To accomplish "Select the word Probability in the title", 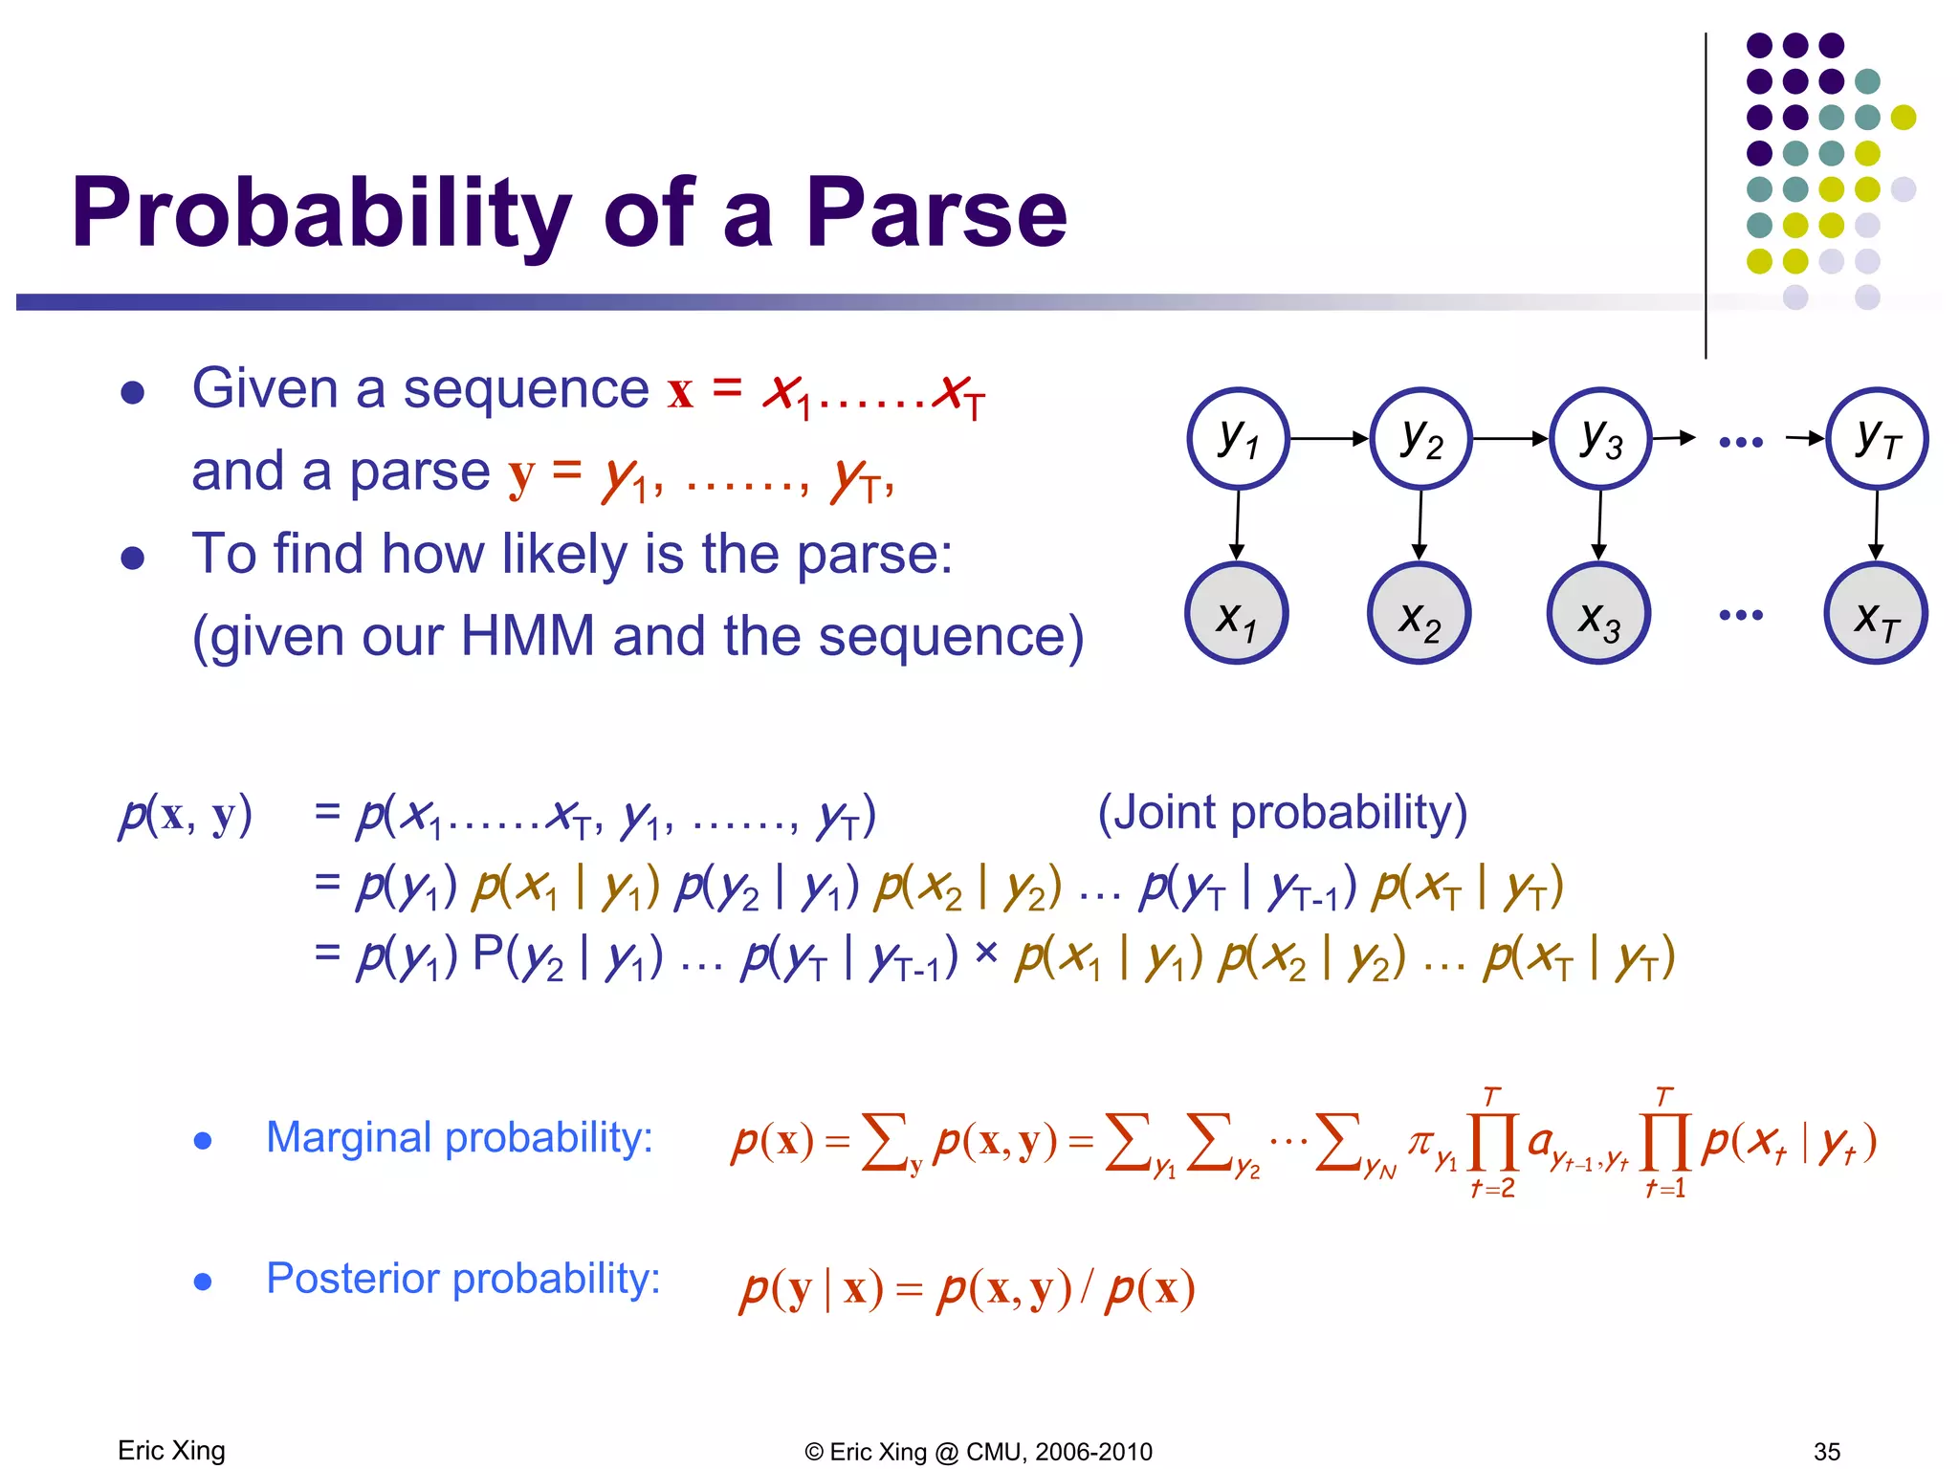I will coord(321,214).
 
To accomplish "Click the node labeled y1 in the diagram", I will coord(1238,439).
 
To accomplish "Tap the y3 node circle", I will coord(1600,439).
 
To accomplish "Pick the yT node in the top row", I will coord(1877,439).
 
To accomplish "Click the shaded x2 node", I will coord(1419,614).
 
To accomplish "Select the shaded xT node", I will coord(1876,614).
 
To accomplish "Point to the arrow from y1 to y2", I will coord(1330,439).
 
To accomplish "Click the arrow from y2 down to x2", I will coord(1420,525).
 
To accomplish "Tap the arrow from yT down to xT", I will coord(1877,525).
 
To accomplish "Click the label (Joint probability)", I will coord(1282,812).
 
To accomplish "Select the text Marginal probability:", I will coord(459,1138).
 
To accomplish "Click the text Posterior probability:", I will coord(463,1279).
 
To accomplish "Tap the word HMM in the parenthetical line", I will coord(527,636).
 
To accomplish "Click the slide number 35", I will coord(1826,1451).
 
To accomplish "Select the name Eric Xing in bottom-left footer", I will coord(171,1450).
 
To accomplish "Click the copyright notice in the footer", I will coord(978,1452).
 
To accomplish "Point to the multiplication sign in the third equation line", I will coord(987,953).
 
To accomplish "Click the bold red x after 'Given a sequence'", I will coord(680,392).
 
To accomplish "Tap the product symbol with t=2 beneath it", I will coord(1492,1142).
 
